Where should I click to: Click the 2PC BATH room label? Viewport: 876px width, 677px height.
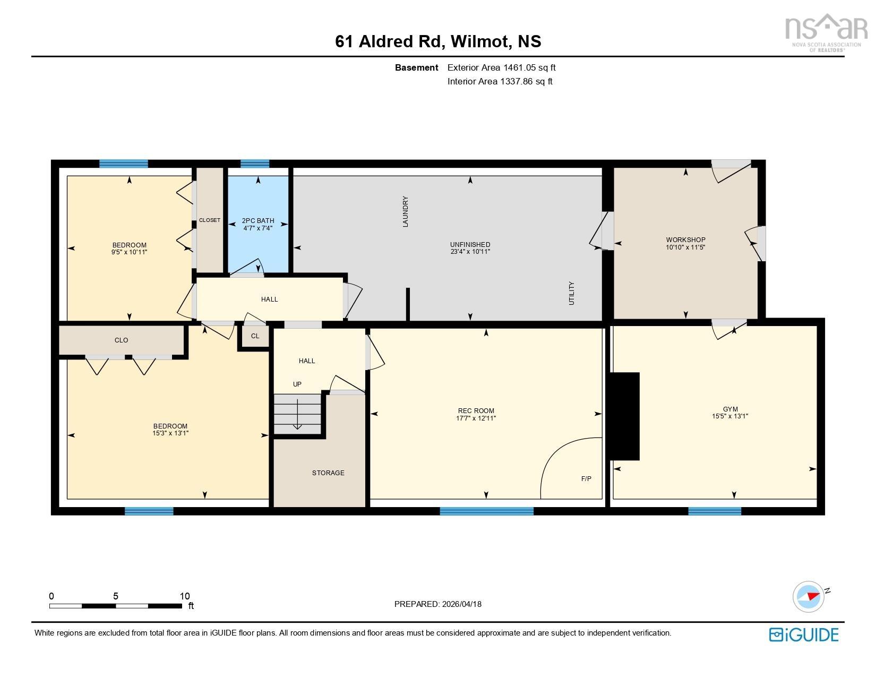coord(258,220)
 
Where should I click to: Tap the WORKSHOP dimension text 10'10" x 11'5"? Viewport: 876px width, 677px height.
coord(685,247)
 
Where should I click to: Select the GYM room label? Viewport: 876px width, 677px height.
coord(730,409)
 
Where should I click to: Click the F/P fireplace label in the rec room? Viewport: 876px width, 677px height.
coord(586,478)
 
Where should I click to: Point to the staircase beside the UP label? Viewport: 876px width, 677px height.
coord(297,413)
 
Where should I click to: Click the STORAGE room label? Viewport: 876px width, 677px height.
coord(328,473)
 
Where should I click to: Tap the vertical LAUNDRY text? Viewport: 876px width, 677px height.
coord(406,212)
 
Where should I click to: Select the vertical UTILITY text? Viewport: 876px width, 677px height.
coord(572,293)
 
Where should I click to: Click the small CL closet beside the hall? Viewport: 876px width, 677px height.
coord(255,336)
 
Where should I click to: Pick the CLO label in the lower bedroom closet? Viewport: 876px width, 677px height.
coord(121,340)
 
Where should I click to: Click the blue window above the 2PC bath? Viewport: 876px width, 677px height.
coord(255,164)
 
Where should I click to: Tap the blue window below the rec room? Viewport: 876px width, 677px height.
coord(486,511)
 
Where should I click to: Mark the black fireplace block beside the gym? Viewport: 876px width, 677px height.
coord(624,416)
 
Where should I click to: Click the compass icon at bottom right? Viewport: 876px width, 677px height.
coord(808,596)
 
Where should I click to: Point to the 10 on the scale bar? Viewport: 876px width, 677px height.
coord(184,596)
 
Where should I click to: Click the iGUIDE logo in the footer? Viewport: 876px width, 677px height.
coord(804,635)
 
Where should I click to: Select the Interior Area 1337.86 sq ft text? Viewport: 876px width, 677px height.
coord(500,81)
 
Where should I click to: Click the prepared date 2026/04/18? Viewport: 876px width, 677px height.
coord(461,604)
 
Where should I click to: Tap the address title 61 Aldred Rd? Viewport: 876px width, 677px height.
coord(389,41)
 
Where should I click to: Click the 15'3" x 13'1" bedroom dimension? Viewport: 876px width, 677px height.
coord(170,433)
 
